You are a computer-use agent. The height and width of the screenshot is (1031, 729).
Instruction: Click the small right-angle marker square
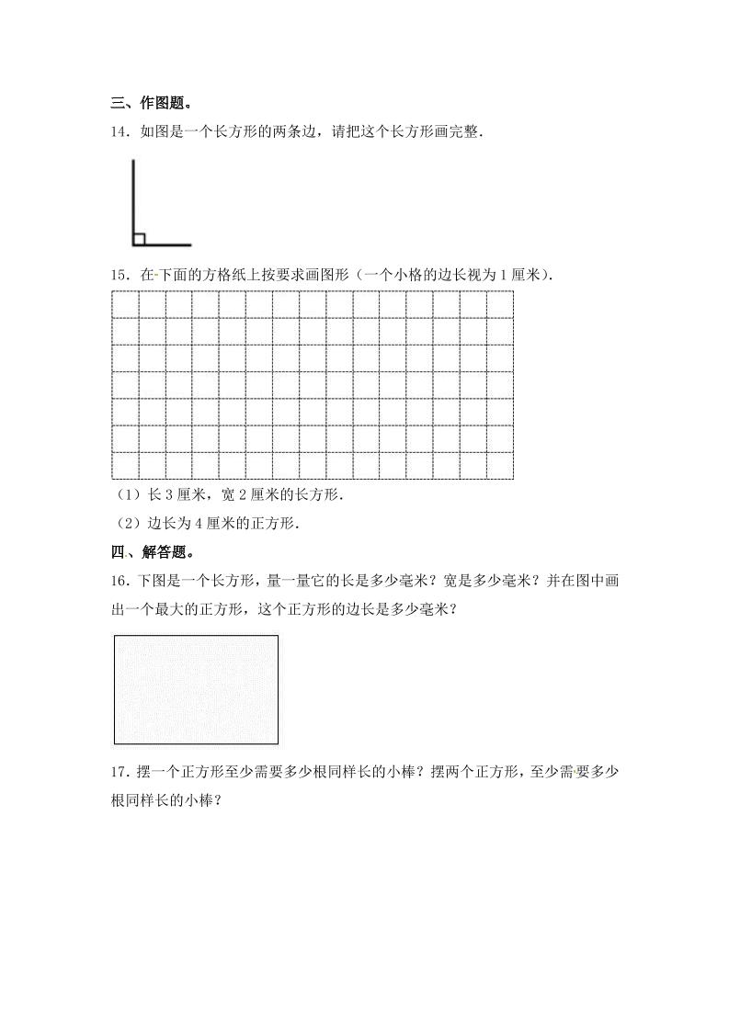pyautogui.click(x=139, y=240)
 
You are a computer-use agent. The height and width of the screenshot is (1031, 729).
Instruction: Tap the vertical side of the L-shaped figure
pyautogui.click(x=133, y=198)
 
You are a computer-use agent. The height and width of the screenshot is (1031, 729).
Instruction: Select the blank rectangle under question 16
pyautogui.click(x=196, y=689)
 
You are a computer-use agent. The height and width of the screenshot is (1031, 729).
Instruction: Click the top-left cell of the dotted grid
pyautogui.click(x=124, y=304)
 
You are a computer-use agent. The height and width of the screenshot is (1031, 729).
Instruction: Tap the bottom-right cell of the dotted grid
pyautogui.click(x=500, y=466)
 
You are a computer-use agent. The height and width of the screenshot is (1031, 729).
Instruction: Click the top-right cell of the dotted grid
pyautogui.click(x=500, y=304)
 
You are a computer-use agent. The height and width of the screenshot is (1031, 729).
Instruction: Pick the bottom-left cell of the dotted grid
pyautogui.click(x=124, y=466)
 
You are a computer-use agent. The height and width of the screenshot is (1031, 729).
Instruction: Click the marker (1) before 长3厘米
pyautogui.click(x=125, y=496)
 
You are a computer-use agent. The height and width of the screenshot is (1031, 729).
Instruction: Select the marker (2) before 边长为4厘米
pyautogui.click(x=125, y=525)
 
